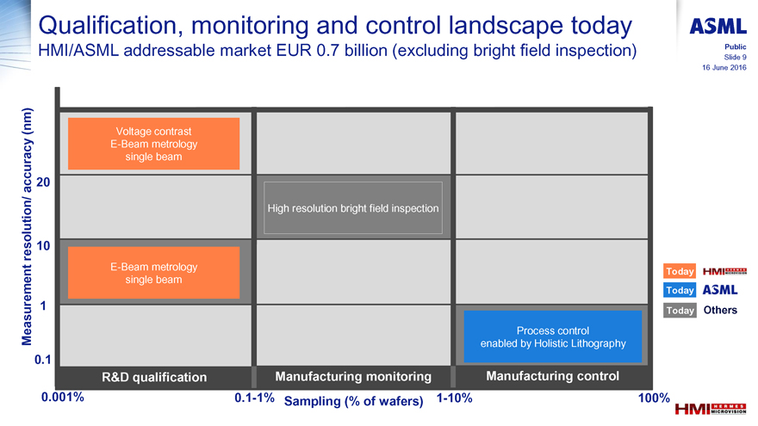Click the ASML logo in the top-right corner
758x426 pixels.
(x=718, y=26)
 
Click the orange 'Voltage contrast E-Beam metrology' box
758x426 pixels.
(x=153, y=144)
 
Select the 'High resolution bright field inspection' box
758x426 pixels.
(x=353, y=207)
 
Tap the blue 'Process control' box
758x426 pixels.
(x=552, y=336)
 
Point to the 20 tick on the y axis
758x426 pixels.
(x=43, y=182)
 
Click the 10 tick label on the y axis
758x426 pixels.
(x=43, y=246)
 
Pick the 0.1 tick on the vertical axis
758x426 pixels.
(x=42, y=360)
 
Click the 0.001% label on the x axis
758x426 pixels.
(x=63, y=397)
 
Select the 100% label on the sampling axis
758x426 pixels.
(x=654, y=398)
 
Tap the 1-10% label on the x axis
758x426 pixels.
(x=455, y=398)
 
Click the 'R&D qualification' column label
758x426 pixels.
(x=154, y=377)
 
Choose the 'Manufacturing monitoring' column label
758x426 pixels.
(x=353, y=377)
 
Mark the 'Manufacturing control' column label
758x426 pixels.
(x=552, y=376)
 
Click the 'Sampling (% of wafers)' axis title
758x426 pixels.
(x=353, y=401)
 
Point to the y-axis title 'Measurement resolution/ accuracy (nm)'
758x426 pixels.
(x=27, y=226)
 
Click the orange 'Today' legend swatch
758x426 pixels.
(x=680, y=271)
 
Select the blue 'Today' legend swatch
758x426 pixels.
(x=680, y=290)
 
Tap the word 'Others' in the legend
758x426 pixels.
(x=720, y=310)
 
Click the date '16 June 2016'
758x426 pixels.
(x=724, y=68)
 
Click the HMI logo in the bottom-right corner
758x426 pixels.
(x=711, y=410)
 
